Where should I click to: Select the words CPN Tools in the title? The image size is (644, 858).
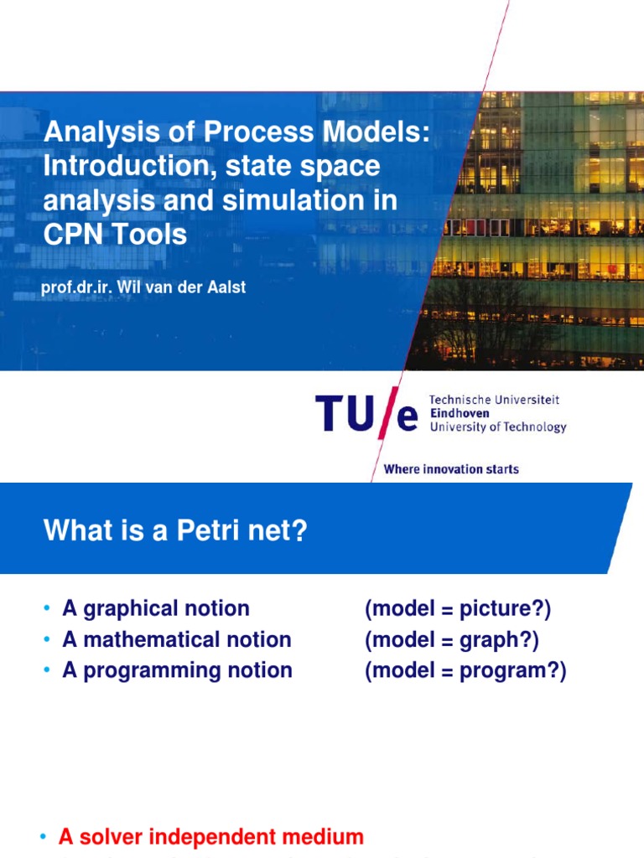[x=115, y=235]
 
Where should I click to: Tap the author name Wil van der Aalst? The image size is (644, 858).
[x=181, y=287]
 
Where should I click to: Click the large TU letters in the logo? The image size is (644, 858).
[x=345, y=413]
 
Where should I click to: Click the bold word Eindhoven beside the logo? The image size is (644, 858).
[x=460, y=413]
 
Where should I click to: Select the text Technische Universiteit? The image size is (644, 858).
[x=494, y=400]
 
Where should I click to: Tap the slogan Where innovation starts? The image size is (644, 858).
[x=451, y=469]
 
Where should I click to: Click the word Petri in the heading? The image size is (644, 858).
[x=209, y=530]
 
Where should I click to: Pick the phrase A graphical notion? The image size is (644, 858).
[x=156, y=608]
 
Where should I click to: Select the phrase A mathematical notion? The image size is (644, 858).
[x=177, y=639]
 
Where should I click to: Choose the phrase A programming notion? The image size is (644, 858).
[x=178, y=671]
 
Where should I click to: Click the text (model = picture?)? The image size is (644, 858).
[x=458, y=609]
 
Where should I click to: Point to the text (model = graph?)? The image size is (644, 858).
[x=452, y=640]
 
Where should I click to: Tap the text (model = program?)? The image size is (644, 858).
[x=465, y=671]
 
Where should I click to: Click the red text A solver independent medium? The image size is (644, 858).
[x=211, y=837]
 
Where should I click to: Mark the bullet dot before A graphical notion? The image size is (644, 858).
[x=47, y=608]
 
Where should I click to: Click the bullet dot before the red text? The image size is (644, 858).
[x=44, y=836]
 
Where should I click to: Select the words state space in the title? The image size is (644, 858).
[x=303, y=167]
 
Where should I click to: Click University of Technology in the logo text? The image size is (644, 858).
[x=498, y=427]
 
